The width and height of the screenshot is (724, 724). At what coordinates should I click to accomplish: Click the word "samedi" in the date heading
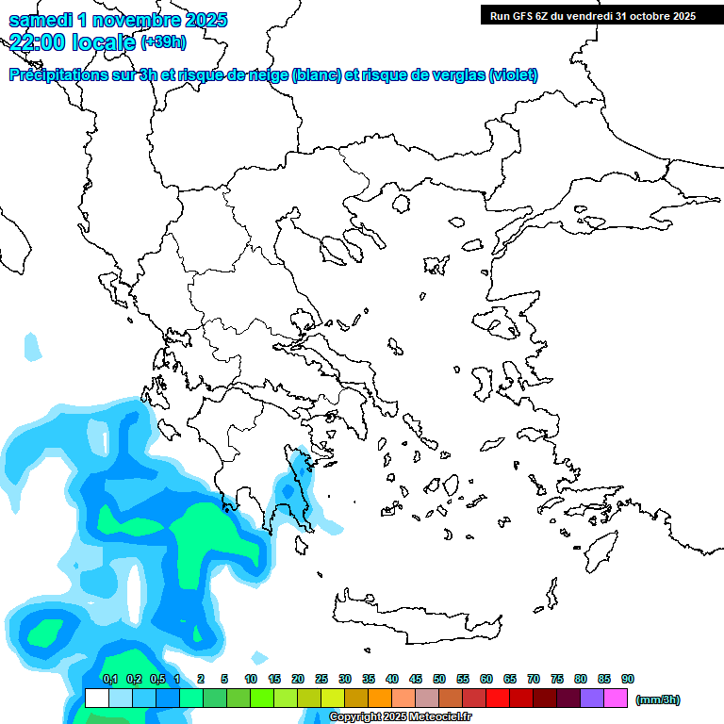pyautogui.click(x=41, y=20)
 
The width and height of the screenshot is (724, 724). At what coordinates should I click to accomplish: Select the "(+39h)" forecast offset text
pyautogui.click(x=163, y=41)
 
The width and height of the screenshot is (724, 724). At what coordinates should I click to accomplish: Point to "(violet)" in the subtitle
pyautogui.click(x=514, y=75)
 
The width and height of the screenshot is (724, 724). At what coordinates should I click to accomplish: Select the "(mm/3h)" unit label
pyautogui.click(x=659, y=699)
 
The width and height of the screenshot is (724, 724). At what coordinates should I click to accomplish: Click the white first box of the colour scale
pyautogui.click(x=96, y=699)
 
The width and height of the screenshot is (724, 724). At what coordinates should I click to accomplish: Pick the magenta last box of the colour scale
pyautogui.click(x=616, y=699)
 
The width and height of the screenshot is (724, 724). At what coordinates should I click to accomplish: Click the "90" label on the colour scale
pyautogui.click(x=628, y=679)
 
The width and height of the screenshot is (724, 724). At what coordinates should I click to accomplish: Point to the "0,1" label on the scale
pyautogui.click(x=109, y=679)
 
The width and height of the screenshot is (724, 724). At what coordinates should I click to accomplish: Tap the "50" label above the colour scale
pyautogui.click(x=439, y=679)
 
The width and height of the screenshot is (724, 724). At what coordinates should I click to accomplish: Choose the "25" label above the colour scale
pyautogui.click(x=321, y=679)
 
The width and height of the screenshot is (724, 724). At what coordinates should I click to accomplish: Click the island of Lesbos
pyautogui.click(x=502, y=326)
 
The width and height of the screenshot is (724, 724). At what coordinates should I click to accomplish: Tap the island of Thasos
pyautogui.click(x=401, y=204)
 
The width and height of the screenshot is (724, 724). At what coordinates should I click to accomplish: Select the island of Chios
pyautogui.click(x=484, y=382)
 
